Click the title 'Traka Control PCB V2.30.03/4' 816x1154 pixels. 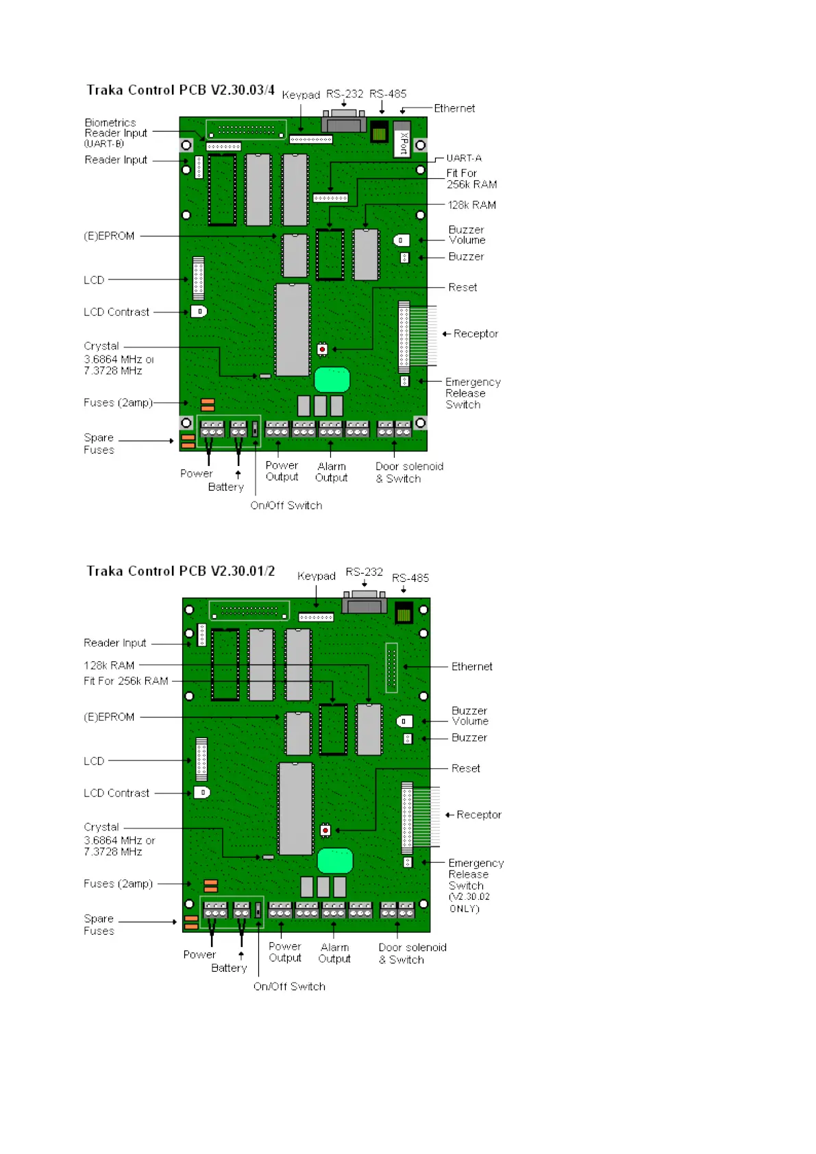click(180, 90)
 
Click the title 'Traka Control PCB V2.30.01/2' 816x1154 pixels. click(180, 572)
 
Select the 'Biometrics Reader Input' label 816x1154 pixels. click(115, 132)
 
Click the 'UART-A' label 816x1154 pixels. click(464, 158)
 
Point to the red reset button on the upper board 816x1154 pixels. click(323, 349)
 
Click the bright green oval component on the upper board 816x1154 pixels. click(332, 380)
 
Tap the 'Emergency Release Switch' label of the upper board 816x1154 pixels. click(472, 393)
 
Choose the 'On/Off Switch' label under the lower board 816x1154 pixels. click(288, 987)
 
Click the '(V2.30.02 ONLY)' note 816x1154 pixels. click(469, 903)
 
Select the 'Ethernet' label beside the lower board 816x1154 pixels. click(471, 667)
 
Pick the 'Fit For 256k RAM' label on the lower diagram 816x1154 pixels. click(126, 681)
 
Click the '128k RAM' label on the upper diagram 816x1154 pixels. click(471, 205)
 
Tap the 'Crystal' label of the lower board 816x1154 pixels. click(101, 827)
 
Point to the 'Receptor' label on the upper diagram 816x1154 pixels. click(475, 334)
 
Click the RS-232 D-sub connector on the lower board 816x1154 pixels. click(365, 604)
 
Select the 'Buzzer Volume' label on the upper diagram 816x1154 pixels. click(467, 235)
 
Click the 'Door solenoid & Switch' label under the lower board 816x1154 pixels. click(412, 953)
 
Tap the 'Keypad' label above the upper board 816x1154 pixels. click(301, 95)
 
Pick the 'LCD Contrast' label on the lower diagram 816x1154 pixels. click(116, 793)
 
